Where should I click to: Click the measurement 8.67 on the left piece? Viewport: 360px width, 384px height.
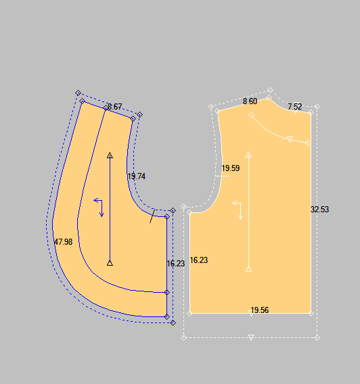[114, 107]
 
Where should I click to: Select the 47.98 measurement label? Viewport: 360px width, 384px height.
[63, 242]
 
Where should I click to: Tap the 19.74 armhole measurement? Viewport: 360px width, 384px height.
[137, 176]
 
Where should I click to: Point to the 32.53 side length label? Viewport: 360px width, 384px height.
[320, 210]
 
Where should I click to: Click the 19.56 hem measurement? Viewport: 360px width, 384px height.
[260, 310]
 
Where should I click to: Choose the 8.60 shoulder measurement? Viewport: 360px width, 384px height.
[250, 101]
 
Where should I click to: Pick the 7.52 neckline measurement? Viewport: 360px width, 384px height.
[295, 107]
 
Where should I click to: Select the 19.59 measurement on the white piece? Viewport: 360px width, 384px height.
[231, 168]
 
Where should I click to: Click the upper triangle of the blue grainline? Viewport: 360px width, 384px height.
[110, 155]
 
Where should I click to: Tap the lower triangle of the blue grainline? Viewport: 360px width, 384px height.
[110, 263]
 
